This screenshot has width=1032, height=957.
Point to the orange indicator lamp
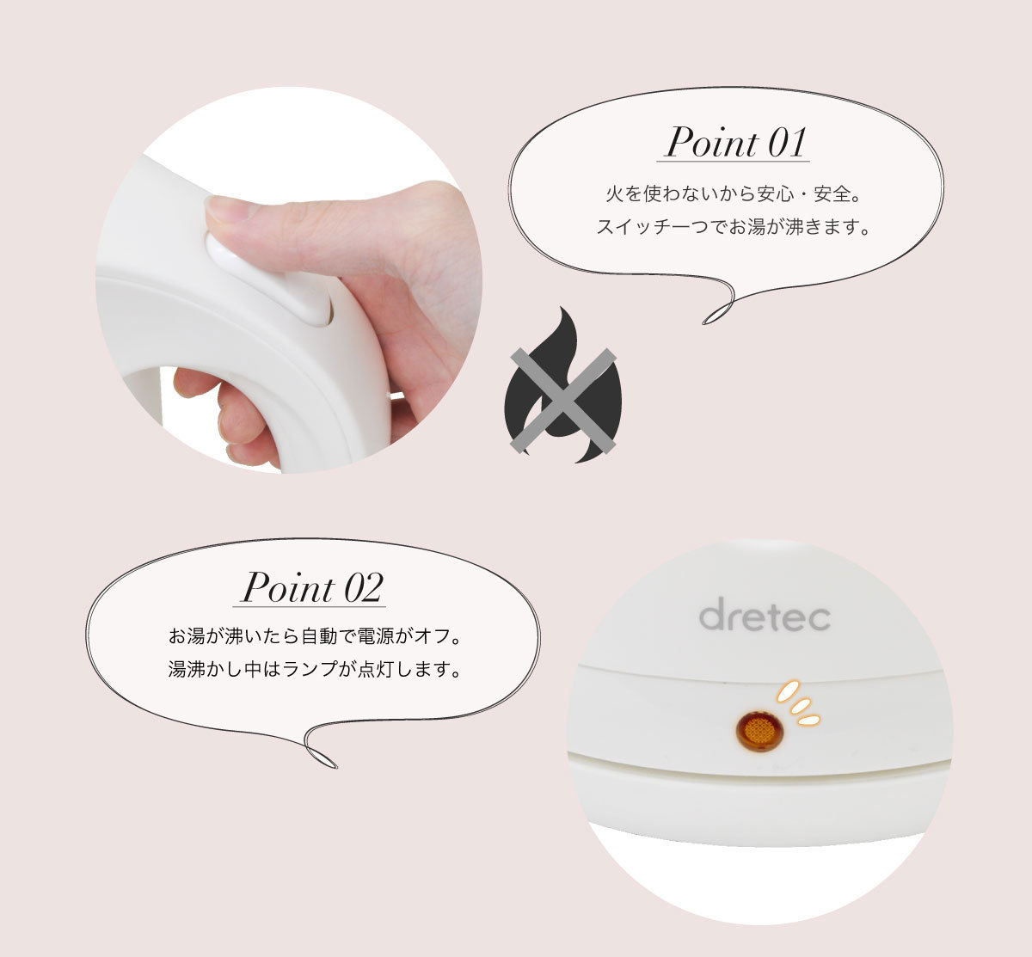pyautogui.click(x=760, y=731)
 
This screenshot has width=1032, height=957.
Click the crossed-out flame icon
pyautogui.click(x=563, y=386)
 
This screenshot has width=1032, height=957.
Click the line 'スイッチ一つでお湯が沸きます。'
pyautogui.click(x=733, y=226)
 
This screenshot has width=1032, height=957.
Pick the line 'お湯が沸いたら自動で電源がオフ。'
pyautogui.click(x=315, y=636)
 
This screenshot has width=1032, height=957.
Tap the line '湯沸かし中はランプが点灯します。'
pyautogui.click(x=315, y=669)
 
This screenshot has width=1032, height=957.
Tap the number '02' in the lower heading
pyautogui.click(x=363, y=587)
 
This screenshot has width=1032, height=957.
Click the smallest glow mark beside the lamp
pyautogui.click(x=808, y=720)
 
